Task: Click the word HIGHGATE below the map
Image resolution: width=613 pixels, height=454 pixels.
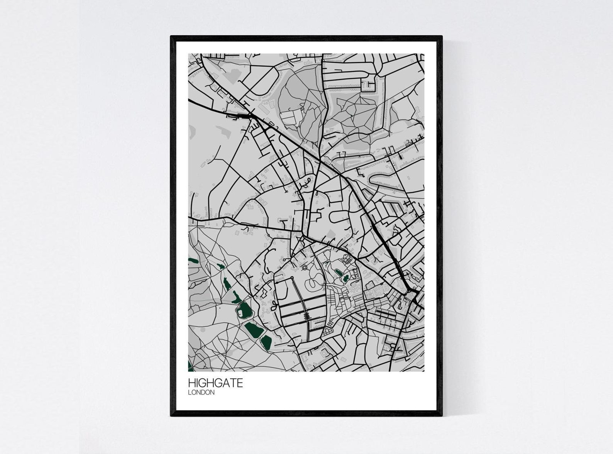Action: [x=215, y=383]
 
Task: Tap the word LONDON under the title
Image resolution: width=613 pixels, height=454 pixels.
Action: [x=201, y=393]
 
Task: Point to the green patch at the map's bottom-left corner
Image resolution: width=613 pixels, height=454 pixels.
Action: [x=190, y=366]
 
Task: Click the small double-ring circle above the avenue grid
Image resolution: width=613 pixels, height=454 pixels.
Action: [x=305, y=267]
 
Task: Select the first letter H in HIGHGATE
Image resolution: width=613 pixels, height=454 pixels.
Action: [x=191, y=383]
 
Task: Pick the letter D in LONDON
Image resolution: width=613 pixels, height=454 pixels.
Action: [x=205, y=393]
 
